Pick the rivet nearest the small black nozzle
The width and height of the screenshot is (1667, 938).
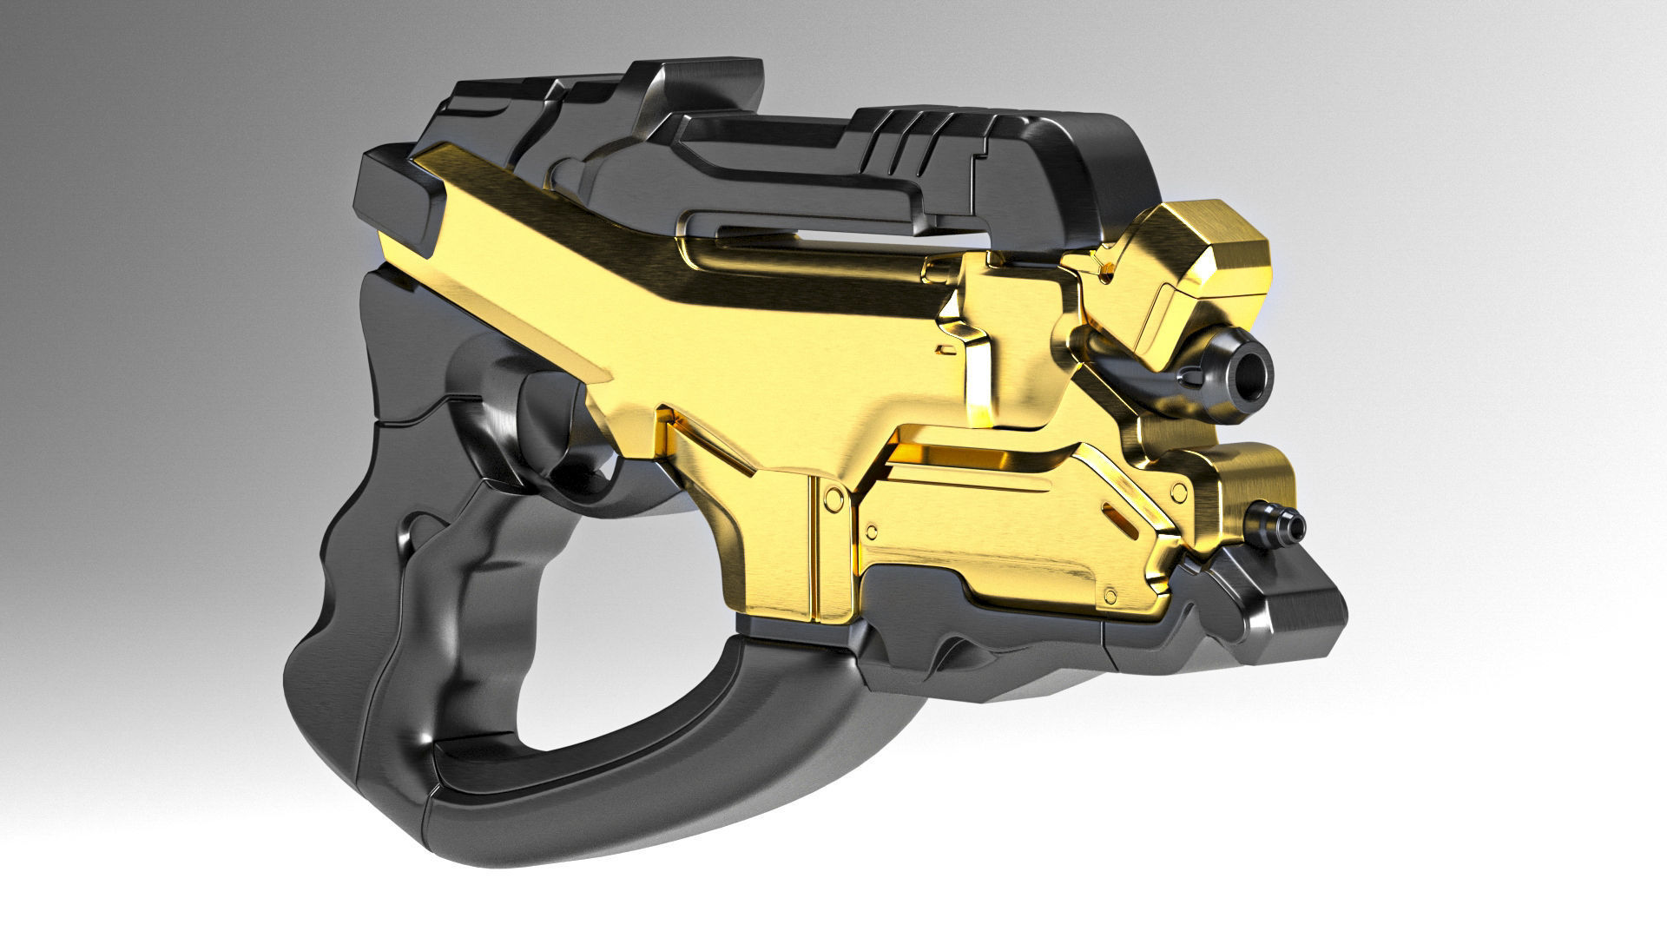[x=1178, y=491]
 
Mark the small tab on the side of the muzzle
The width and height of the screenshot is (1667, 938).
[x=1188, y=377]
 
